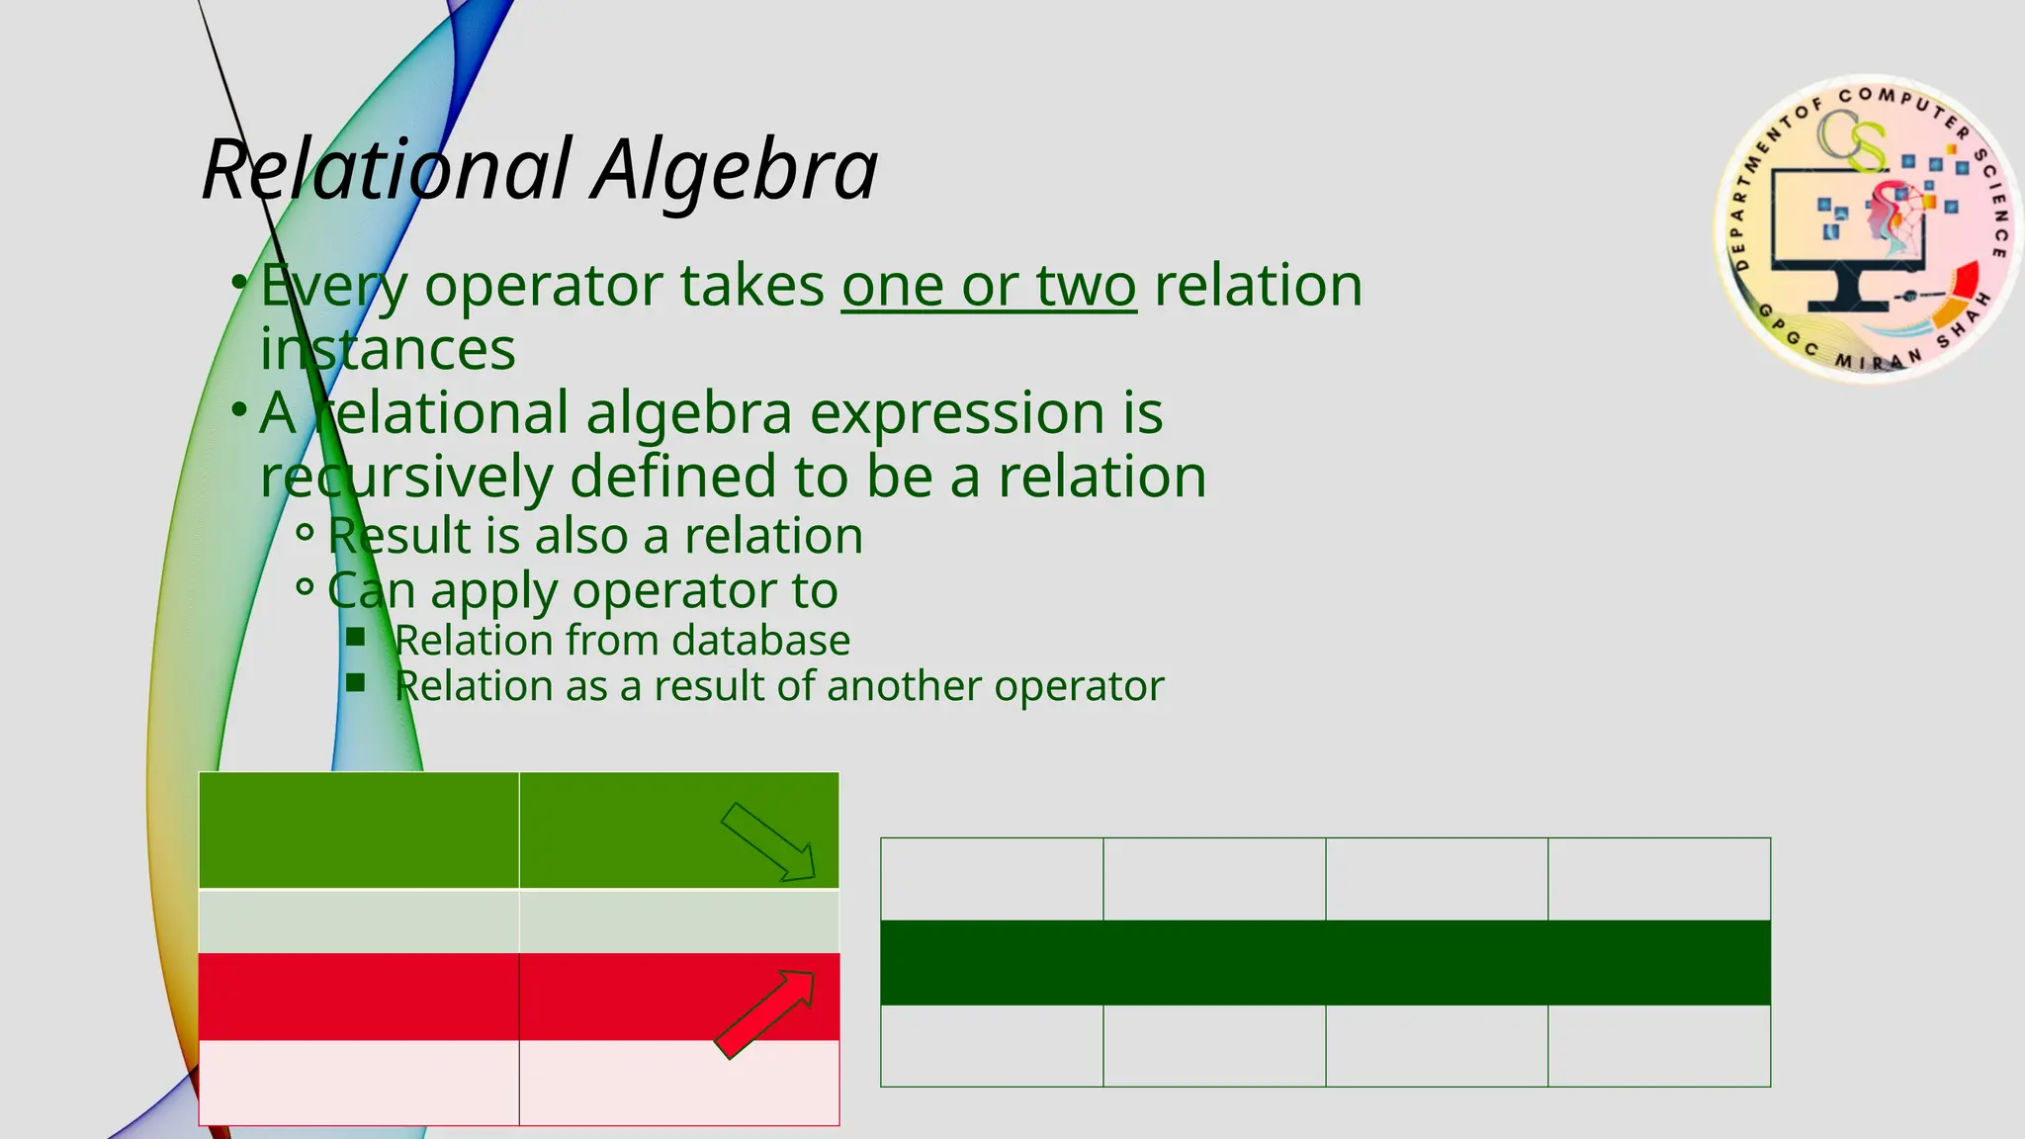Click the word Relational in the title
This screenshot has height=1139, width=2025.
pyautogui.click(x=387, y=170)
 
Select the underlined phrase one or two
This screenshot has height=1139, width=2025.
pyautogui.click(x=989, y=286)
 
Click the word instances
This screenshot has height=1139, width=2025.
pyautogui.click(x=388, y=350)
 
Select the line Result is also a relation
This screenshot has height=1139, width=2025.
pyautogui.click(x=594, y=536)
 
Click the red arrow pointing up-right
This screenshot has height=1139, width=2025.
pyautogui.click(x=764, y=1014)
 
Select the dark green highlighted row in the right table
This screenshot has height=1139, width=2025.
pyautogui.click(x=1325, y=962)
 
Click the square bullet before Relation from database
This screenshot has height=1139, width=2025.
pyautogui.click(x=356, y=638)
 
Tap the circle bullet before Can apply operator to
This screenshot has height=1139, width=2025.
pyautogui.click(x=305, y=588)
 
